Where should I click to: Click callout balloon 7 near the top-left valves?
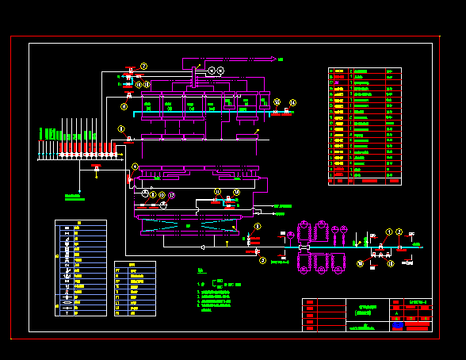(143, 66)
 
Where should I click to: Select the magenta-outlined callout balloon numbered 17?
(171, 195)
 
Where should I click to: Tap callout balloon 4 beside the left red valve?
(135, 167)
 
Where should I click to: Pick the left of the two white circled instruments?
(212, 71)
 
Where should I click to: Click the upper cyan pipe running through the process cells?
(206, 113)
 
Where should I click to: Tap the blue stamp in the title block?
(398, 325)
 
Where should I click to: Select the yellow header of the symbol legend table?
(80, 224)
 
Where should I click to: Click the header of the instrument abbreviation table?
(135, 265)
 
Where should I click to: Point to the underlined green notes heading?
(202, 272)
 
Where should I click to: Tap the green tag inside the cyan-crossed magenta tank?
(189, 227)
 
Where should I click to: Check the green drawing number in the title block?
(419, 302)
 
